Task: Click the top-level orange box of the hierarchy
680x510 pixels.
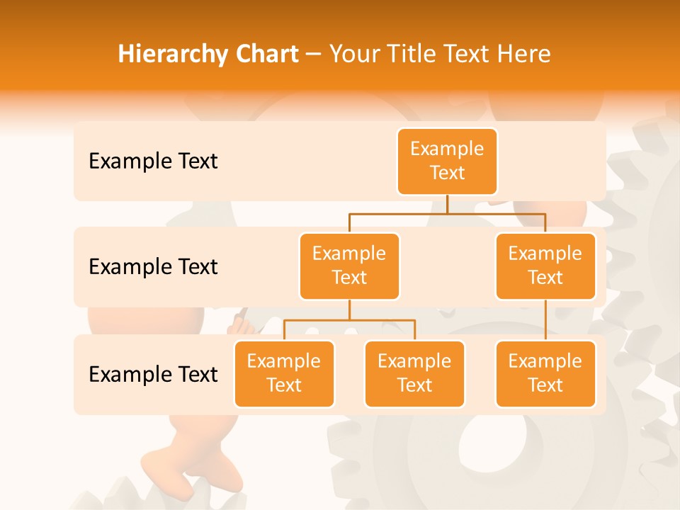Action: click(x=447, y=161)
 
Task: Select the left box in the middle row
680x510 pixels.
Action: click(x=349, y=266)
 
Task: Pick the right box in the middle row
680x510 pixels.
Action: click(x=545, y=266)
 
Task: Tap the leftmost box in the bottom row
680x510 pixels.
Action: click(x=284, y=373)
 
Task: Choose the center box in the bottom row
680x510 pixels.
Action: click(x=414, y=373)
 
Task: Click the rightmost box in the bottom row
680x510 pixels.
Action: click(x=545, y=373)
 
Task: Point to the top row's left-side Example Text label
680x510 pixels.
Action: click(x=153, y=161)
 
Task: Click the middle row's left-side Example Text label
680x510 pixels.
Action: click(x=153, y=267)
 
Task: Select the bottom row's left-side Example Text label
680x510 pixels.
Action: click(x=153, y=374)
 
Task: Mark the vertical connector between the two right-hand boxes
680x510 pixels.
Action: click(x=545, y=320)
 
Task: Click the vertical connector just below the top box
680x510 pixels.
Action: click(x=447, y=204)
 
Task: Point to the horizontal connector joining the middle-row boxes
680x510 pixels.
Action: click(x=447, y=212)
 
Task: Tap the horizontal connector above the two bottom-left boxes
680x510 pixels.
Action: click(x=349, y=320)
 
